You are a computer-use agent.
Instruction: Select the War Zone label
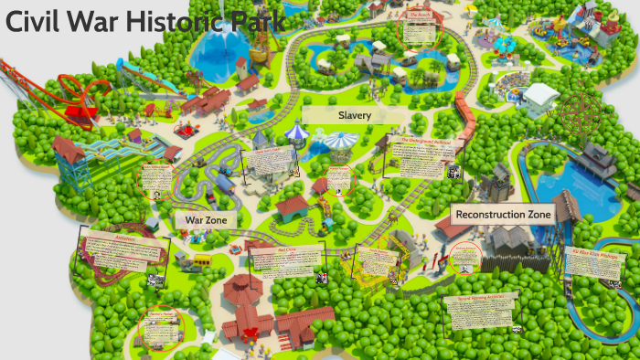pos(206,220)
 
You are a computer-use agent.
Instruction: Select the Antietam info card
pos(123,251)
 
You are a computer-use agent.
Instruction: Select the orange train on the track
pos(467,119)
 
